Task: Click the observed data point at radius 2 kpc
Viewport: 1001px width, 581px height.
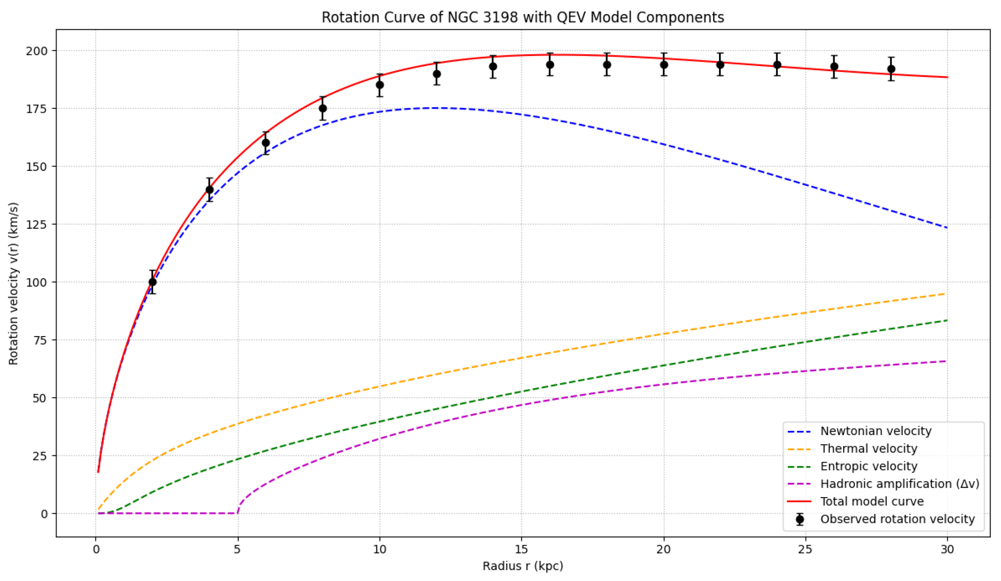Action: point(152,282)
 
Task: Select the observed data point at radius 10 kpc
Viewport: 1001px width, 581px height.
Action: point(380,85)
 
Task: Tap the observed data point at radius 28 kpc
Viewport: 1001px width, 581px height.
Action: point(891,69)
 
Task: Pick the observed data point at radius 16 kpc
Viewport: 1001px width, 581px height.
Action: point(550,64)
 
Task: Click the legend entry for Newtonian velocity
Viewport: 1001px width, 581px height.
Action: point(876,431)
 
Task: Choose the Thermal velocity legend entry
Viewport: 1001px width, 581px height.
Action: point(869,448)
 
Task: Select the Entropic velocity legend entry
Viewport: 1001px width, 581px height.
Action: point(869,466)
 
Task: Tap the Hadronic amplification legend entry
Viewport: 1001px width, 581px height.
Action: point(900,484)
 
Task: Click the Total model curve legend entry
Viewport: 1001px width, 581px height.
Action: point(872,501)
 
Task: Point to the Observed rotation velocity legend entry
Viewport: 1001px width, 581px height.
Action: point(897,519)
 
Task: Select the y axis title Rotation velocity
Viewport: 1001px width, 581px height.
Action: point(14,283)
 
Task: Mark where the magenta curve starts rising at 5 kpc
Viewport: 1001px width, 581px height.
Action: point(237,513)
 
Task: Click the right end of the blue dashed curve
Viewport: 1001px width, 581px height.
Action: point(947,228)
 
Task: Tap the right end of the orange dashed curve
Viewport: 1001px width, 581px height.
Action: point(947,294)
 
